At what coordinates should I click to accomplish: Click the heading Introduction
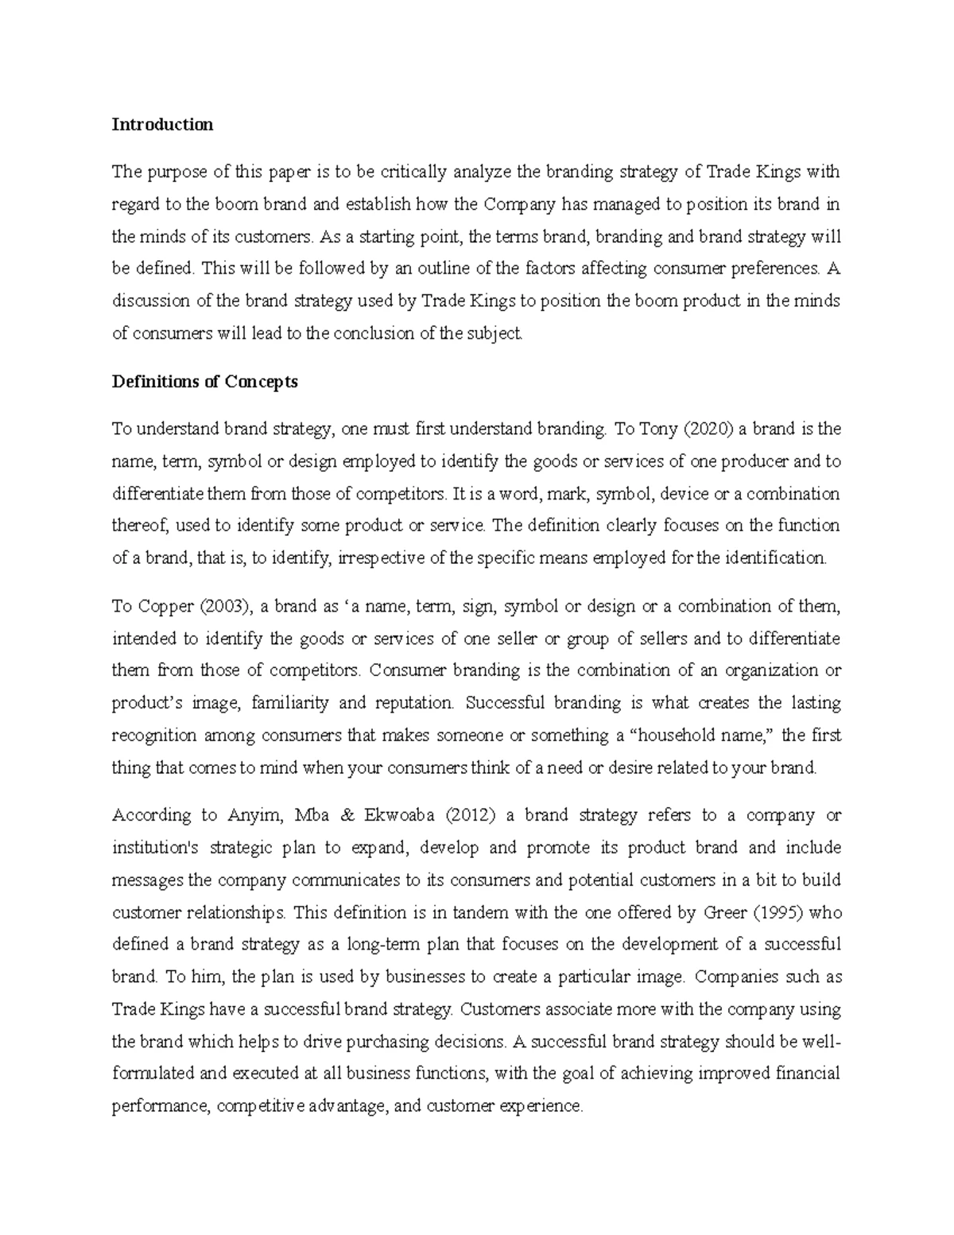[162, 125]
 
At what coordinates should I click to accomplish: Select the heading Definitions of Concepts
[204, 382]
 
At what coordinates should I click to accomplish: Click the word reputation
[414, 703]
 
